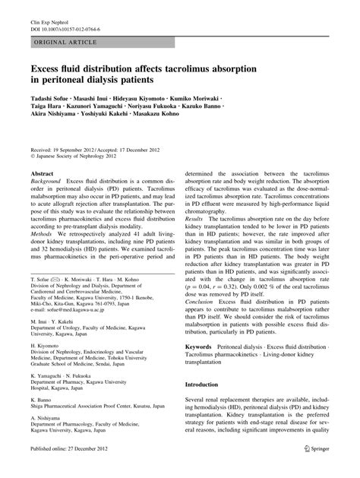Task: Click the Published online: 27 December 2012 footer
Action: pos(71,470)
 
